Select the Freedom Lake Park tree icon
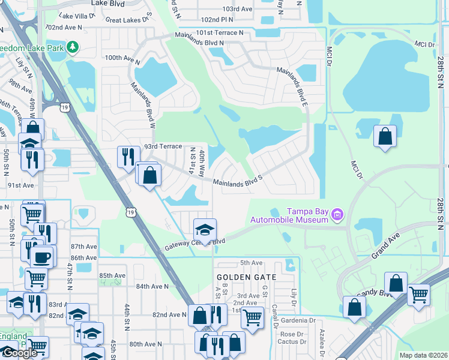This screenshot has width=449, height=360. pos(73,47)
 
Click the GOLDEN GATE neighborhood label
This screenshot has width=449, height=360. pos(247,277)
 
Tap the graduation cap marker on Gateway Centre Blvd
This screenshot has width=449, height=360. pos(205,230)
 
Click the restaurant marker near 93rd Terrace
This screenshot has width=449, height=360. pos(127,157)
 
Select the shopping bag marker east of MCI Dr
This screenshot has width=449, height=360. pos(385,136)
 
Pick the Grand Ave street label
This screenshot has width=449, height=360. pos(385,247)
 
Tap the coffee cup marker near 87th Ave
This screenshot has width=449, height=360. pos(41,257)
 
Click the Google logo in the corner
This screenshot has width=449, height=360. pos(19,353)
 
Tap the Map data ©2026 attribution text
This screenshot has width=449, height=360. pos(423,355)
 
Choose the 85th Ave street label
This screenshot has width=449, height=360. pos(112,276)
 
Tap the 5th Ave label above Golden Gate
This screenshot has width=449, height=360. pos(252,263)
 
